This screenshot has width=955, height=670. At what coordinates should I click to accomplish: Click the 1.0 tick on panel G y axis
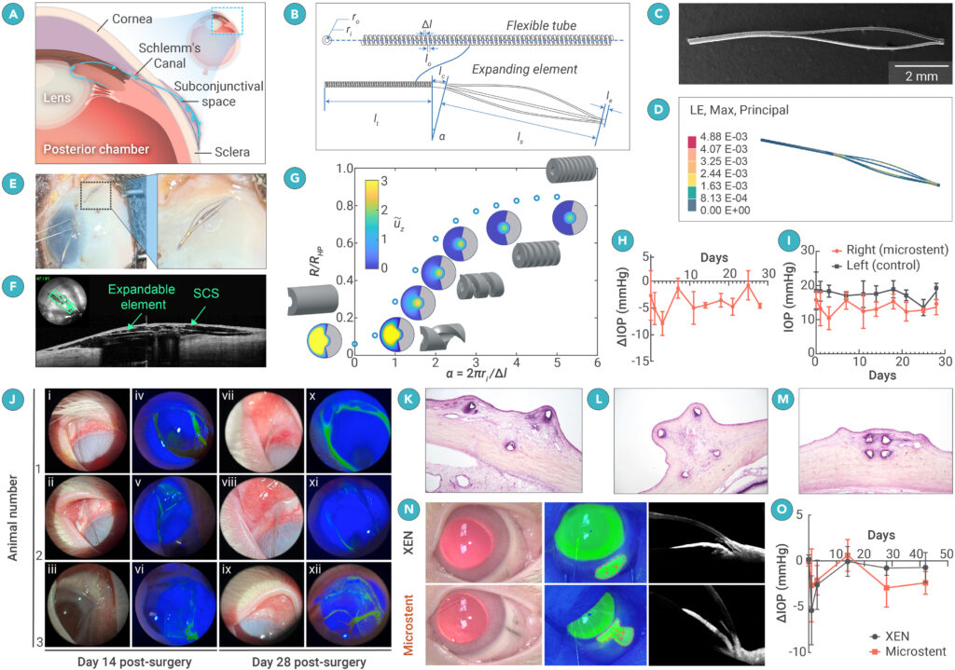[x=342, y=170]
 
